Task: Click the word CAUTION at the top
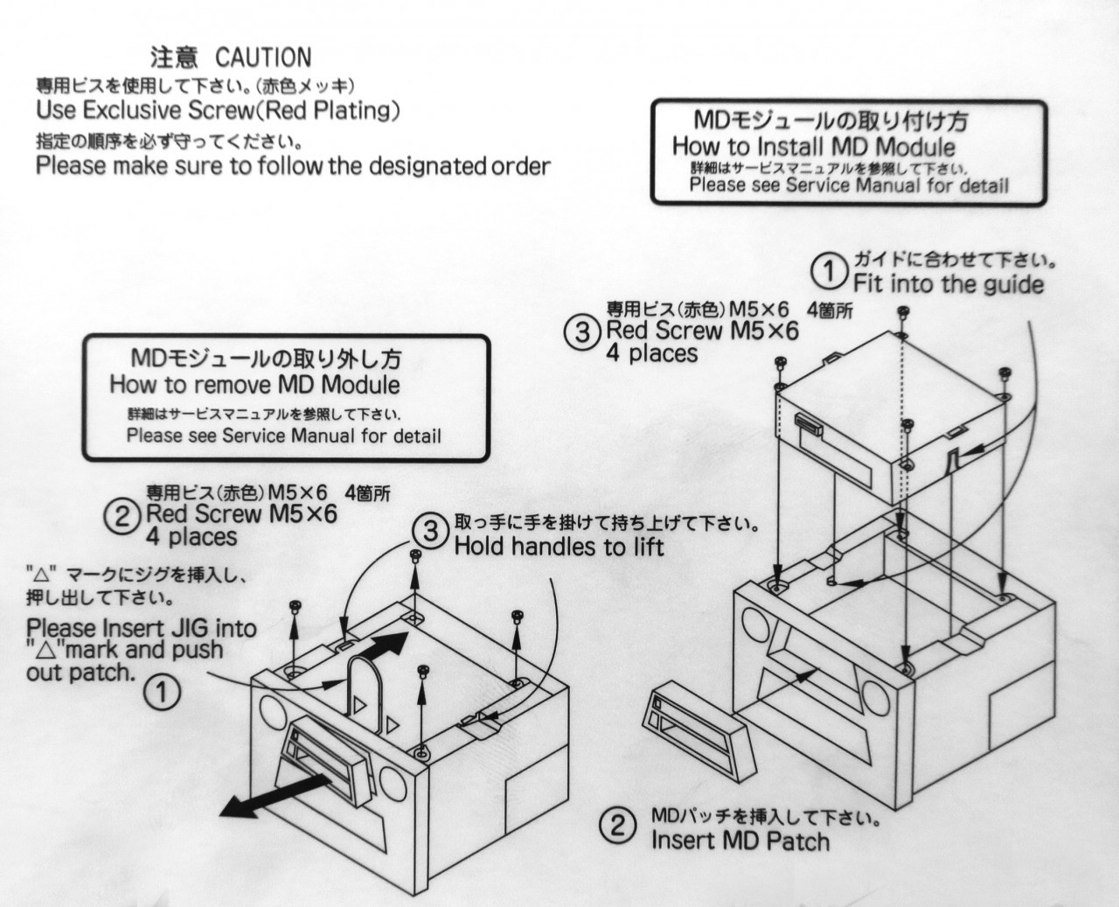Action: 263,57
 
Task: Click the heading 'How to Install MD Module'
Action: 814,147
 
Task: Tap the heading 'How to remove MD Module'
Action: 254,385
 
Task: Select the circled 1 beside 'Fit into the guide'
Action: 830,270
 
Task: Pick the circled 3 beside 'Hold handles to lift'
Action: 431,531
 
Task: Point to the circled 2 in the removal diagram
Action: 122,517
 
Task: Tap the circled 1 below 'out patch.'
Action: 162,693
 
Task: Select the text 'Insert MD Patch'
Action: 740,841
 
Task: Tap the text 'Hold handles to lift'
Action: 559,546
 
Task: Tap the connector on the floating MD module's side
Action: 809,424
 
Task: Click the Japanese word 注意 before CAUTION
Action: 175,57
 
